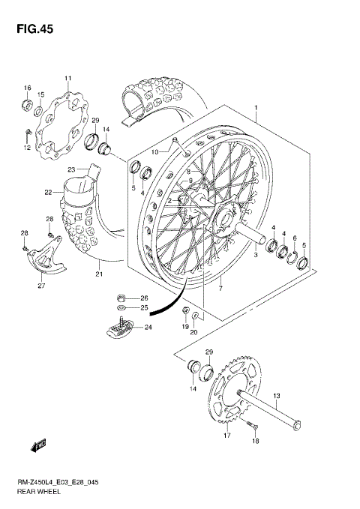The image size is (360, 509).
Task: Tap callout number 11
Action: [67, 79]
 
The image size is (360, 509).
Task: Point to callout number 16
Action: [27, 87]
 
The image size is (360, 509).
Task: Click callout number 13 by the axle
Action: [276, 396]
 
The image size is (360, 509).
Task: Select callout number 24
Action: [148, 326]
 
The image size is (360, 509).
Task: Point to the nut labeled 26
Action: [122, 298]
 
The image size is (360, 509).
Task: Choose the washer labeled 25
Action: [122, 307]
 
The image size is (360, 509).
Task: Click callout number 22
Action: [48, 193]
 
